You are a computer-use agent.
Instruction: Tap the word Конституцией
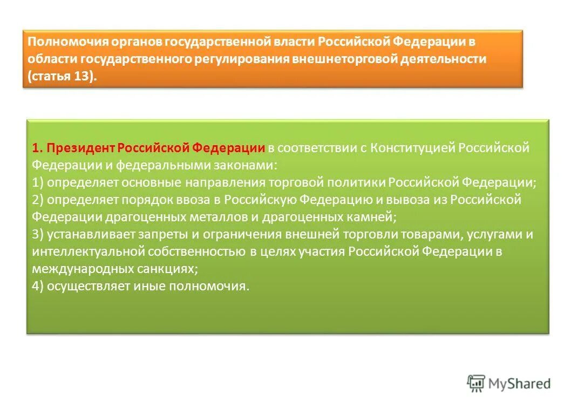click(x=413, y=148)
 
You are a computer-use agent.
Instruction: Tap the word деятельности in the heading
click(x=443, y=59)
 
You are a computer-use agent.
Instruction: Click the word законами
click(x=246, y=165)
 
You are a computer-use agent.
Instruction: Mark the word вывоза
click(x=412, y=200)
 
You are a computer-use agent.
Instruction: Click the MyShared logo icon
click(x=475, y=383)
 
